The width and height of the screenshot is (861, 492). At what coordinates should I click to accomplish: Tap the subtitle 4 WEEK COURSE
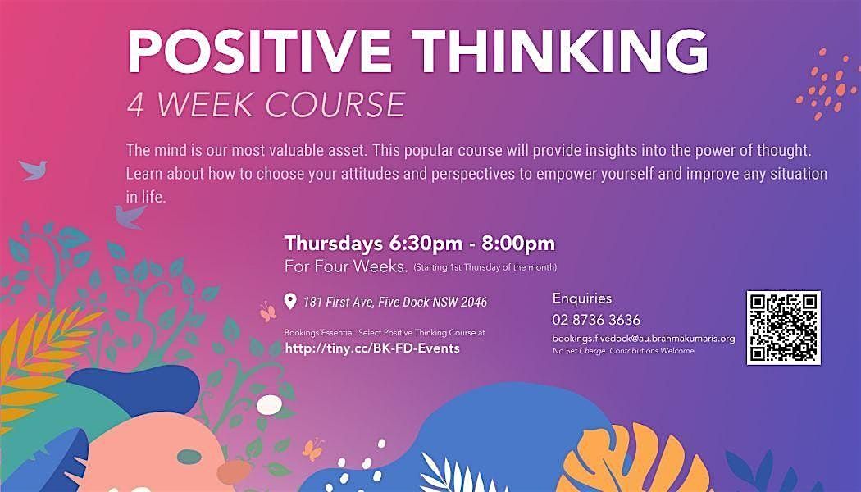click(x=266, y=104)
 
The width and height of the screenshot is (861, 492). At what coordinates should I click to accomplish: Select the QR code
click(x=783, y=327)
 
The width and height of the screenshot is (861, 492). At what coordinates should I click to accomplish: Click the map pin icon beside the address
click(x=289, y=303)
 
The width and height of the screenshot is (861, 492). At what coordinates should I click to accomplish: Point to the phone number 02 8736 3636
click(x=596, y=320)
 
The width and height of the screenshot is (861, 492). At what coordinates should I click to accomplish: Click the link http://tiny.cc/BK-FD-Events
click(x=371, y=348)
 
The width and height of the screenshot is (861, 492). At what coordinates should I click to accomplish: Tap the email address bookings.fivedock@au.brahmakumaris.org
click(x=644, y=338)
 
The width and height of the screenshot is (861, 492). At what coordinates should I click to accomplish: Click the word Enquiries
click(x=582, y=298)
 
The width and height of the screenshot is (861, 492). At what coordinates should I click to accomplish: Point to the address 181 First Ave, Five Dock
click(x=376, y=303)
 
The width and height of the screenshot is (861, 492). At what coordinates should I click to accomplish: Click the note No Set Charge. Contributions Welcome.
click(x=624, y=351)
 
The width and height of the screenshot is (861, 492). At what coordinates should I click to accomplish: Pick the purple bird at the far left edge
click(x=34, y=169)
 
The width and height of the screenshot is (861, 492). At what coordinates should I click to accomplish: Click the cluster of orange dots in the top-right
click(x=825, y=82)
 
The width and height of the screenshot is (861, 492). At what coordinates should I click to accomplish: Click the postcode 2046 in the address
click(x=473, y=303)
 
